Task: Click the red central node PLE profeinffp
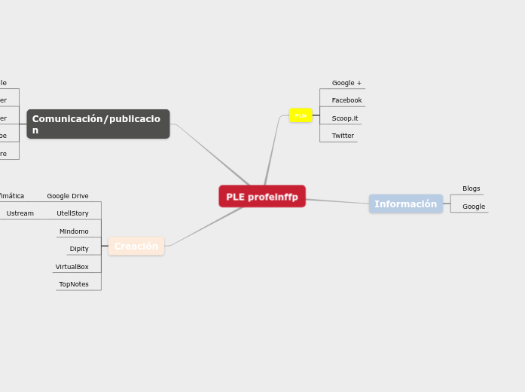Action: coord(262,197)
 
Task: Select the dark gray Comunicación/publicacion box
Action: coord(98,124)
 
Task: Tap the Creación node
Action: coord(136,247)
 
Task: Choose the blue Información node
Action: coord(405,204)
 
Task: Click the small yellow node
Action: coord(301,115)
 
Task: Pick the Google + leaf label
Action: coord(346,83)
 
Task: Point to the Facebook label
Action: coord(346,100)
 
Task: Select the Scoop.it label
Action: coord(345,118)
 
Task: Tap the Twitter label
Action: coord(343,136)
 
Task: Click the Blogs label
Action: coord(471,188)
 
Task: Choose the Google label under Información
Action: coord(474,207)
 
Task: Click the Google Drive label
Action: coord(68,196)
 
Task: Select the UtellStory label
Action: coord(72,213)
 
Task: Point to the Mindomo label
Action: coord(74,231)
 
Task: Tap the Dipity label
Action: coord(79,249)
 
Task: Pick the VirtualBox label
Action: coord(72,267)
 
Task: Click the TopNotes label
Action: coord(74,284)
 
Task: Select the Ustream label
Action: coord(20,213)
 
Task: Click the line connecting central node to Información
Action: coord(337,201)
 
